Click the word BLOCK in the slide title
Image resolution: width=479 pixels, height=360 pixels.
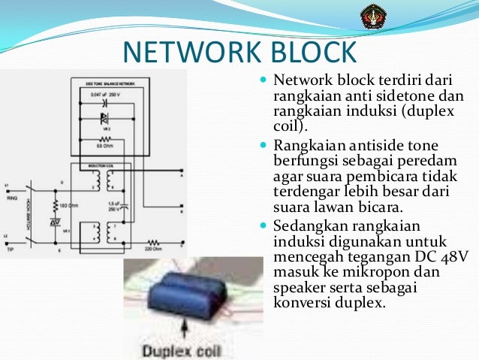312,52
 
